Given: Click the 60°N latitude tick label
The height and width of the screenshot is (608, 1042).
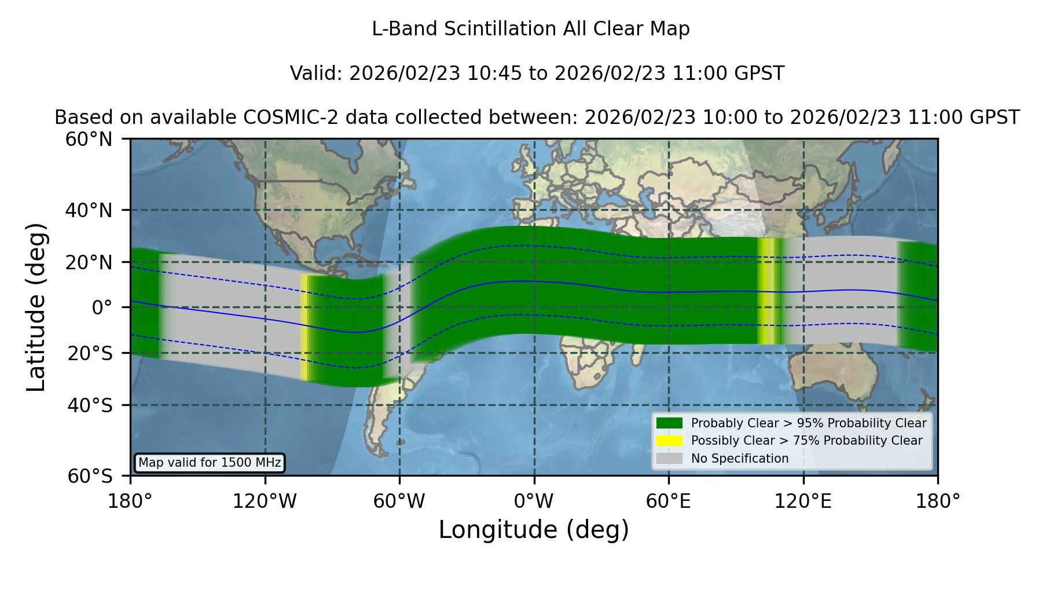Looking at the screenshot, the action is point(89,139).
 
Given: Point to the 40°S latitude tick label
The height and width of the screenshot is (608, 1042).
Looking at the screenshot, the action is point(90,405).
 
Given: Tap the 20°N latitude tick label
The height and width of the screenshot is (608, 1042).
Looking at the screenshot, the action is point(89,262).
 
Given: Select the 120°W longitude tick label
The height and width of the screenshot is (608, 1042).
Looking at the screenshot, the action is point(265,501).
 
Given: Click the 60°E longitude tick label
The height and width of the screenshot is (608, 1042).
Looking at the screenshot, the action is point(669,501).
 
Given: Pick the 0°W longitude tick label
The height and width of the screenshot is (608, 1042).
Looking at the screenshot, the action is point(534,501).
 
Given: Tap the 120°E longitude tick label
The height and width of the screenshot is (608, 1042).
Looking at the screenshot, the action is point(803,501).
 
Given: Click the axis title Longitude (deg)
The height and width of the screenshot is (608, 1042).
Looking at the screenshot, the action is point(534,530).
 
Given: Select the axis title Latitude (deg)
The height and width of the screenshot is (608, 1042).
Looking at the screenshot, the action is point(36,307).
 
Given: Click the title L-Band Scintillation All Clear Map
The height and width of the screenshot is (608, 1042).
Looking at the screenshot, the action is point(531,29).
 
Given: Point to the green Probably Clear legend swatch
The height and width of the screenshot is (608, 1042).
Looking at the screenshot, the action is point(669,423).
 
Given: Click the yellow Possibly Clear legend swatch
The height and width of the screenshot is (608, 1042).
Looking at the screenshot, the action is point(669,441).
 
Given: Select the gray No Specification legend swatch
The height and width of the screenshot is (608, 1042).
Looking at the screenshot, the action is point(669,459).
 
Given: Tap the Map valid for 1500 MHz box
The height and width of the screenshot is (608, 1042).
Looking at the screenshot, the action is point(210,463).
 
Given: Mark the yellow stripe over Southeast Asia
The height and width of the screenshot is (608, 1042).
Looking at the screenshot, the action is point(766,291).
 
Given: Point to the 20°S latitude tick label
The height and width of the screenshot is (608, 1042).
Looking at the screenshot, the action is point(90,353).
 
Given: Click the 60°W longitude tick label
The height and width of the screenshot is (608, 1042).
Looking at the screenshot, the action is point(399,501).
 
